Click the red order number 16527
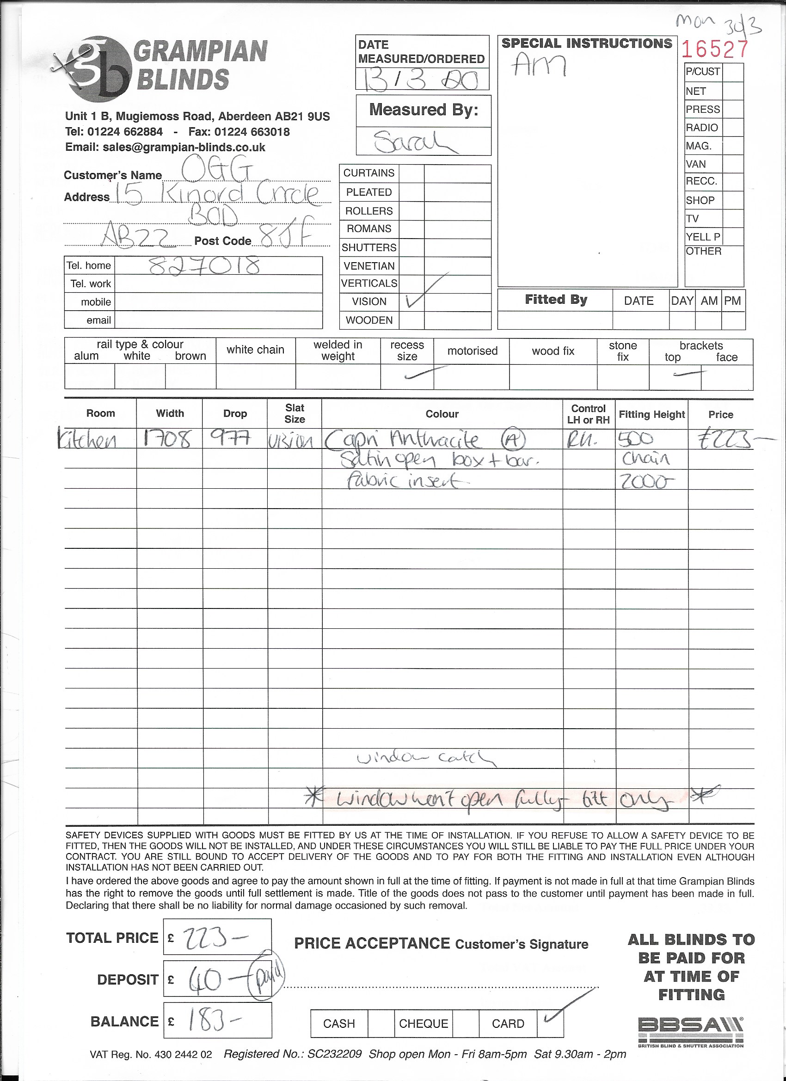click(x=714, y=49)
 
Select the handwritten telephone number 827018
click(x=204, y=265)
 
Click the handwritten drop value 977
click(x=231, y=438)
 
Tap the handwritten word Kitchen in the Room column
click(x=87, y=440)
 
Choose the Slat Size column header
click(x=295, y=413)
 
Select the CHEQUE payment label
click(x=423, y=1023)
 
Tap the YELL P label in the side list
click(x=703, y=237)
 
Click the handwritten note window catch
click(x=426, y=758)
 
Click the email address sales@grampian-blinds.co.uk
click(x=184, y=147)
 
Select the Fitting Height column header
click(x=651, y=415)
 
